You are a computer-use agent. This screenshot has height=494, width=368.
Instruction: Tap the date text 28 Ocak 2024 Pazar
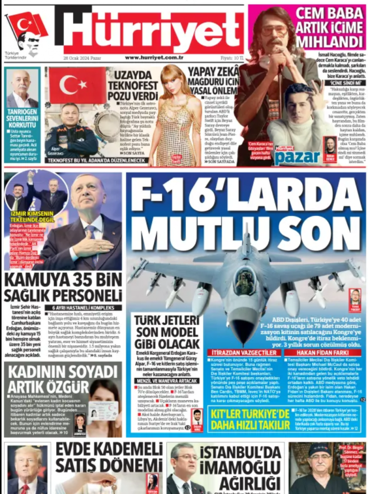pos(82,58)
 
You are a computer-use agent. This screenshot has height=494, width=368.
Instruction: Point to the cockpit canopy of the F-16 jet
pos(245,281)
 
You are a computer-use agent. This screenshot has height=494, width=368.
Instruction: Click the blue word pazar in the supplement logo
pos(297,157)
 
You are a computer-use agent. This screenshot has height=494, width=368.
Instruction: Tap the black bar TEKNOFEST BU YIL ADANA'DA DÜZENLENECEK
pos(95,160)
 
